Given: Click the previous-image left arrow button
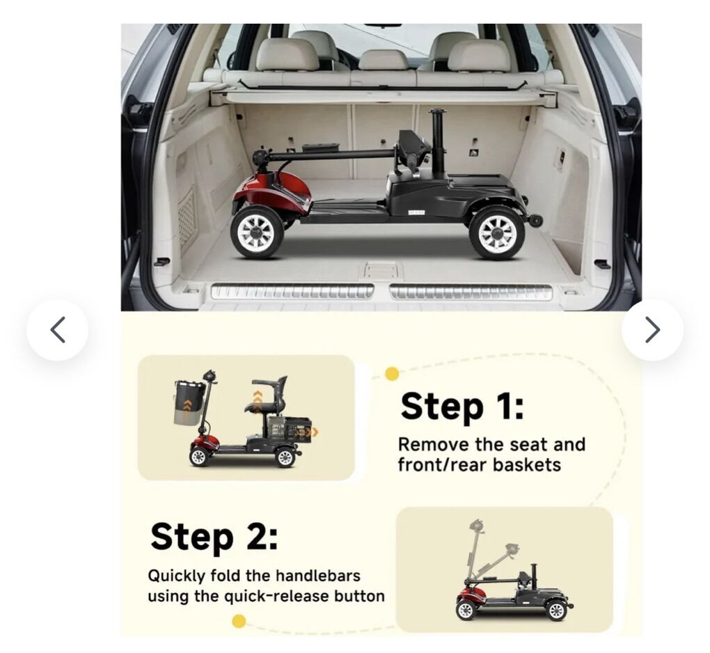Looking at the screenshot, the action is click(x=58, y=330).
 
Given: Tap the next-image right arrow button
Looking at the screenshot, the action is click(x=652, y=330).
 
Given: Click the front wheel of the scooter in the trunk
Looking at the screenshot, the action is click(x=257, y=233).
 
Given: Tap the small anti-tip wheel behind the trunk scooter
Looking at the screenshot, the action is click(x=537, y=221).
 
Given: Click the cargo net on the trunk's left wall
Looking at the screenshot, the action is click(x=187, y=217).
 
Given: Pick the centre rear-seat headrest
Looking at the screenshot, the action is click(x=384, y=60).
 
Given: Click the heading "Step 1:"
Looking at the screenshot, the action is click(x=462, y=407).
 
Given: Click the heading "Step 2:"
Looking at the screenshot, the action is click(x=214, y=537).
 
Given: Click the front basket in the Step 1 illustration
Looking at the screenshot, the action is click(x=190, y=403).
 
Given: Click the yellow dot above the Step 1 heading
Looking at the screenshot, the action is click(x=392, y=374).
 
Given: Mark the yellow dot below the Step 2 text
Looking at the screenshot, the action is click(x=239, y=621).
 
